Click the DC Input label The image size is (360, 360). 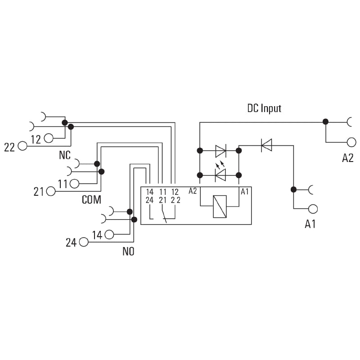[264, 108]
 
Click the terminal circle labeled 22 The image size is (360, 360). [22, 146]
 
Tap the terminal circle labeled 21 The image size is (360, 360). [50, 192]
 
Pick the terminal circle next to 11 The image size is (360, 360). [74, 184]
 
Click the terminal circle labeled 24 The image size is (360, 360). [83, 242]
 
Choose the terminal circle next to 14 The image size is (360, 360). [109, 234]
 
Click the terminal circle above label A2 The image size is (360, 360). [351, 142]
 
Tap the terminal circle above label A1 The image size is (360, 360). [313, 208]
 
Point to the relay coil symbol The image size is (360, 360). [220, 207]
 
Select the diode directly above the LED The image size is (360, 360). [220, 149]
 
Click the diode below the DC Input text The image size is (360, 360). [266, 145]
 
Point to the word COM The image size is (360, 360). [91, 200]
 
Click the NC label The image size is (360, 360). [65, 155]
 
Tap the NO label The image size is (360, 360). [128, 252]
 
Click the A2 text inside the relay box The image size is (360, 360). [193, 191]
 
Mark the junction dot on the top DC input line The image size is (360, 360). [325, 121]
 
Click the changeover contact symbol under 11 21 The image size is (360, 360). [164, 214]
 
